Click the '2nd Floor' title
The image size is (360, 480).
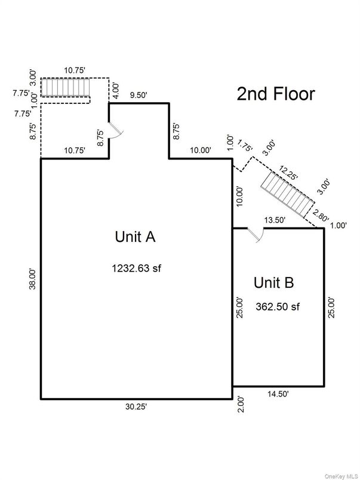[275, 94]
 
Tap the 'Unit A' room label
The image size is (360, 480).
[135, 236]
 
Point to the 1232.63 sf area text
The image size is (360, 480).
[136, 268]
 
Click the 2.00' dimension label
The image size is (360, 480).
[240, 403]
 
